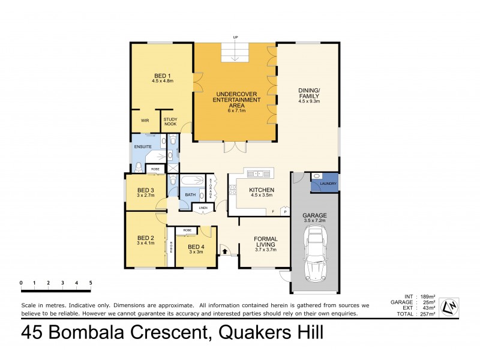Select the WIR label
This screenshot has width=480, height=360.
145,121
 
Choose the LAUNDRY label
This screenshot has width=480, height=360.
328,184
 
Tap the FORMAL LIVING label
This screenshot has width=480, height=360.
265,242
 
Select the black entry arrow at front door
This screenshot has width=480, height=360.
225,252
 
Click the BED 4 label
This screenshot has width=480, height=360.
196,247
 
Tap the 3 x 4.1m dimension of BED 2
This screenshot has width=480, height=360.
146,243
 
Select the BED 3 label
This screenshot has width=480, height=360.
146,190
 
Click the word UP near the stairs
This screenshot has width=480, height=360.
236,37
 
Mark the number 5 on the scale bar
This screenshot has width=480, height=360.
91,283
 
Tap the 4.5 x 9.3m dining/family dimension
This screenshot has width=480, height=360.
310,101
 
